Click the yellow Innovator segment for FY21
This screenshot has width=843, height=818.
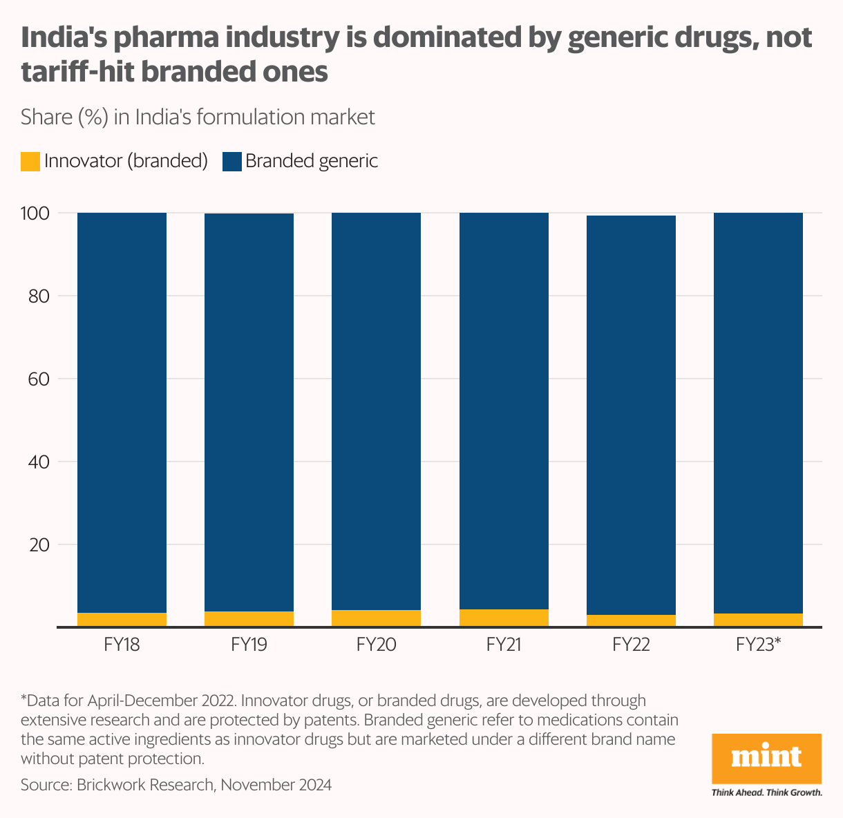coord(504,618)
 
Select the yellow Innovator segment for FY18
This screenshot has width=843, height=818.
coord(122,620)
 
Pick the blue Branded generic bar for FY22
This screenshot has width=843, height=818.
coord(631,415)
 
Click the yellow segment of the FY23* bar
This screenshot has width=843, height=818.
coord(758,620)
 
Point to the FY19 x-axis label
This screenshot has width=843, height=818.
coord(249,645)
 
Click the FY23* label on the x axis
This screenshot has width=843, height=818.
coord(758,645)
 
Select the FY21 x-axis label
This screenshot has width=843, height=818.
coord(503,645)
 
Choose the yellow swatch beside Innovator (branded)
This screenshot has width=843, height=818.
coord(30,162)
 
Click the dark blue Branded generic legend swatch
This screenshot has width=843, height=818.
coord(231,162)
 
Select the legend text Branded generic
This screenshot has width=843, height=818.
coord(312,162)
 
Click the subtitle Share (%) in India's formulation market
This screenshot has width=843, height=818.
coord(198,117)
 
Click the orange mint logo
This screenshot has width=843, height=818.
coord(766,758)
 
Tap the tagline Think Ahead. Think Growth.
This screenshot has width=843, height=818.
coord(766,792)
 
